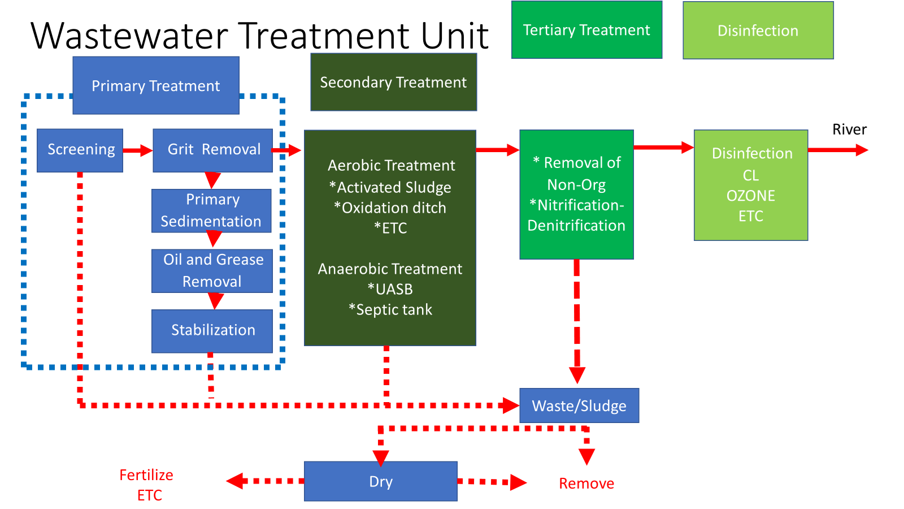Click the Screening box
pyautogui.click(x=80, y=150)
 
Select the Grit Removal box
pyautogui.click(x=212, y=150)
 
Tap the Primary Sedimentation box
pyautogui.click(x=211, y=210)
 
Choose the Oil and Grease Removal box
pyautogui.click(x=212, y=271)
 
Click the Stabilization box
pyautogui.click(x=212, y=331)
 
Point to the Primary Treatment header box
pyautogui.click(x=156, y=85)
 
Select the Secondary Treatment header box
pyautogui.click(x=393, y=83)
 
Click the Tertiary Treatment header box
pyautogui.click(x=586, y=30)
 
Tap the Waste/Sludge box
pyautogui.click(x=579, y=406)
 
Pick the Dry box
pyautogui.click(x=380, y=481)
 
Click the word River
pyautogui.click(x=849, y=130)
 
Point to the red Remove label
pyautogui.click(x=586, y=484)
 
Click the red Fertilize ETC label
pyautogui.click(x=146, y=485)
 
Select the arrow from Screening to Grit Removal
pyautogui.click(x=138, y=150)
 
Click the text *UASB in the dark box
pyautogui.click(x=390, y=289)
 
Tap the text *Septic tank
pyautogui.click(x=390, y=309)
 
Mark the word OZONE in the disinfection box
pyautogui.click(x=750, y=196)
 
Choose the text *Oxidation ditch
pyautogui.click(x=390, y=208)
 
